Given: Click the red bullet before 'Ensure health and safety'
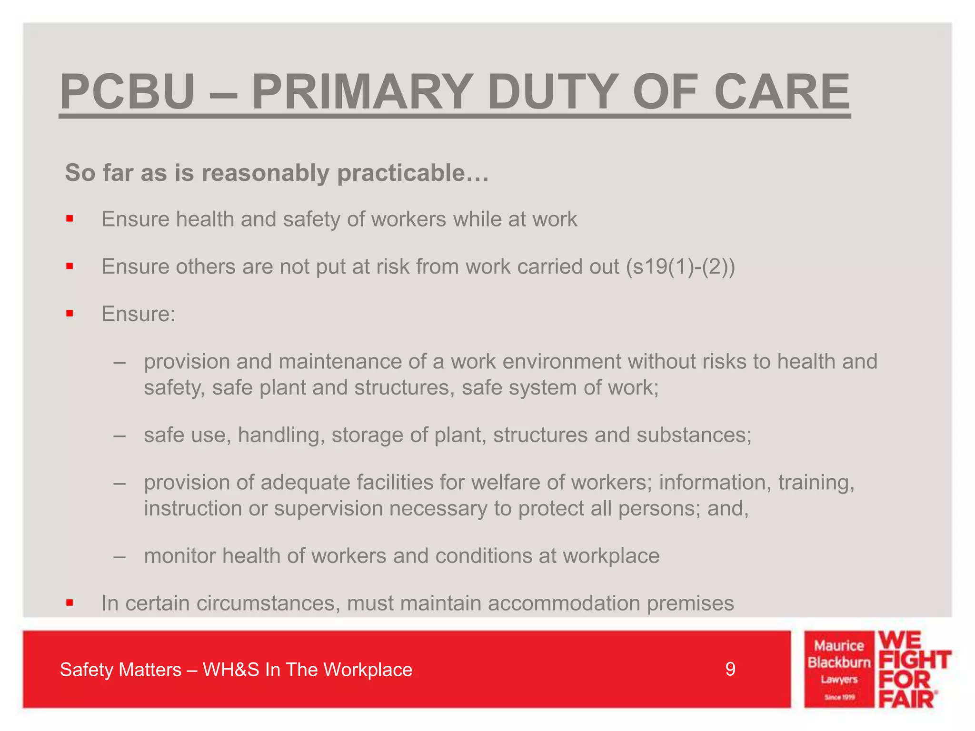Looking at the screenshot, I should [70, 219].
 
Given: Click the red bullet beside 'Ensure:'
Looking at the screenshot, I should [70, 314].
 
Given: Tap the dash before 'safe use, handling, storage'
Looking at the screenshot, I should [119, 435].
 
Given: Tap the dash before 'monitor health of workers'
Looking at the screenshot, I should [119, 556].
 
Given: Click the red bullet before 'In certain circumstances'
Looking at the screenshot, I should [70, 603].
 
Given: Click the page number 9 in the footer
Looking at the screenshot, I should [730, 670].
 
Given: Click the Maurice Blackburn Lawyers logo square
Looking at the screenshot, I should [839, 670].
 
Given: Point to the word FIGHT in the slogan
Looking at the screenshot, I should [914, 660].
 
